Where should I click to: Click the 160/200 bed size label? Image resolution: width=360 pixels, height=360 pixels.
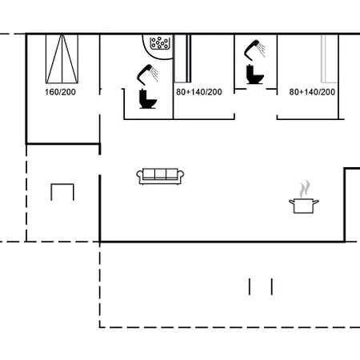point(60,92)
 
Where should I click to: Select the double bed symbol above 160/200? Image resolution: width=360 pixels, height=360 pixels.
point(62,58)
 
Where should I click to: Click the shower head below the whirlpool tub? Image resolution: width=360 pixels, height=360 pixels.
point(147,74)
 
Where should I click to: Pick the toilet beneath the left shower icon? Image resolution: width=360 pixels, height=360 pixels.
point(147,99)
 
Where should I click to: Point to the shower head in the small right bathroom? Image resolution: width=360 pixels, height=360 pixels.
point(254,50)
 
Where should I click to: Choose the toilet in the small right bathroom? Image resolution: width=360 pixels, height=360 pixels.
point(254,74)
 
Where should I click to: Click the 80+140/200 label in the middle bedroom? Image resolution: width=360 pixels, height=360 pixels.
point(199,92)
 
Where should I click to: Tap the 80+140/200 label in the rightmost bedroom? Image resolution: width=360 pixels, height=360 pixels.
point(312,92)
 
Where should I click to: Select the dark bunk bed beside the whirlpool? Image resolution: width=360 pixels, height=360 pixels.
point(182,58)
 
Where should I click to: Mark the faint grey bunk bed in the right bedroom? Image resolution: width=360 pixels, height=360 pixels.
point(329,58)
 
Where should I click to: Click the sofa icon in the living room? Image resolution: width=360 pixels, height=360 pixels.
point(160,176)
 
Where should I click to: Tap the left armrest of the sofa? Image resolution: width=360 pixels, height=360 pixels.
point(140,177)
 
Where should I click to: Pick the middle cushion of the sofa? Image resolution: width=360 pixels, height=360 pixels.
point(160,174)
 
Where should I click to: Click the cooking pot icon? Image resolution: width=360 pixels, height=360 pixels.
point(304,206)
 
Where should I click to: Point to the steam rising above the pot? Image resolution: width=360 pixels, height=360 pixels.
point(305,189)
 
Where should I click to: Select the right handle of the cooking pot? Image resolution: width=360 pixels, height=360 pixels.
point(316,202)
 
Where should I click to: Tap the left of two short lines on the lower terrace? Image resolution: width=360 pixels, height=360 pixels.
point(250,286)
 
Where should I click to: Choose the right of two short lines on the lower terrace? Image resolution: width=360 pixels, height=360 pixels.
point(272,286)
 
